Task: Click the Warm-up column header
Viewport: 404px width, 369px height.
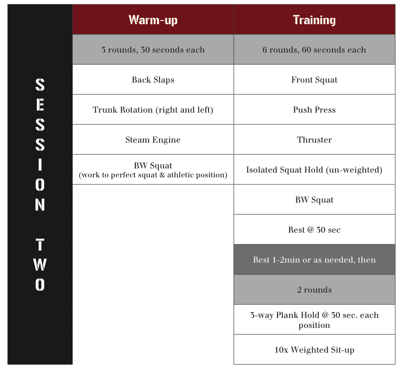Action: [153, 19]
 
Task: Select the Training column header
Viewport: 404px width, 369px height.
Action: [314, 19]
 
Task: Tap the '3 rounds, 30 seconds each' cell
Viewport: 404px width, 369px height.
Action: [153, 49]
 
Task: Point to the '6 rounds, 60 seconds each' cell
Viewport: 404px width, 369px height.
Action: [314, 49]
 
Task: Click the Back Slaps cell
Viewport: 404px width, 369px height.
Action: [153, 79]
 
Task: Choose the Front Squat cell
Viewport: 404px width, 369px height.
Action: [314, 79]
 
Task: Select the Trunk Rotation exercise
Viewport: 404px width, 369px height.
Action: [153, 109]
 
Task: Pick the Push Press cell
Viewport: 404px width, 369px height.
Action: [314, 109]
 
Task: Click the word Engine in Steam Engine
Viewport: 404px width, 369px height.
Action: [166, 140]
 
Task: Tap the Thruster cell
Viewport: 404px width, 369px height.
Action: [314, 139]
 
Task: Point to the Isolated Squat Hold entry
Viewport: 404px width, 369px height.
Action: [314, 169]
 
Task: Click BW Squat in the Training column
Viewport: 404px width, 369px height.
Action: [314, 200]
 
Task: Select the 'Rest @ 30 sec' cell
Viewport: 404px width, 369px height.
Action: [314, 230]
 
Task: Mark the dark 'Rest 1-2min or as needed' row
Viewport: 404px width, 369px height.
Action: [314, 260]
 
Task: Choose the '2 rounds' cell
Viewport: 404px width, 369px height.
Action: [314, 290]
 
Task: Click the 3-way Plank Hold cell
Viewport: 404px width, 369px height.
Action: [314, 320]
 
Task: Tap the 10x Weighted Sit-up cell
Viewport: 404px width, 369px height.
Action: [314, 350]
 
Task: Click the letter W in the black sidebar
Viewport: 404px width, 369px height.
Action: [40, 264]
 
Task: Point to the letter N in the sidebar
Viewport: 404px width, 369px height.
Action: [40, 205]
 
